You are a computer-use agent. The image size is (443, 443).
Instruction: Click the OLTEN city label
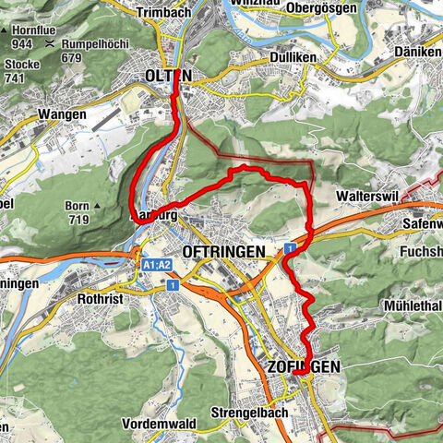click(x=168, y=76)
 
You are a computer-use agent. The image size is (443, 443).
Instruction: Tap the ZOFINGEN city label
click(x=305, y=366)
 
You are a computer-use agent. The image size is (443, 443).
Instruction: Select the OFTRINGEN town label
click(x=224, y=251)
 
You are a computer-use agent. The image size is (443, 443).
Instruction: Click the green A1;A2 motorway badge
click(x=156, y=266)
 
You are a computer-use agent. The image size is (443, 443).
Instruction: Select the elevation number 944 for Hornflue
click(x=21, y=44)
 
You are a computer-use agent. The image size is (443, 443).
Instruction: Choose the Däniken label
click(x=421, y=53)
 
